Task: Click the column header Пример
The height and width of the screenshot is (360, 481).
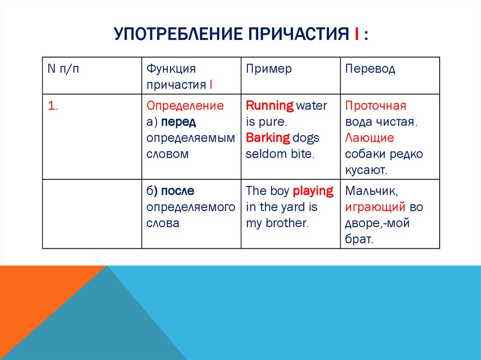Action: click(269, 69)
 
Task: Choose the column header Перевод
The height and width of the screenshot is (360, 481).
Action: click(370, 69)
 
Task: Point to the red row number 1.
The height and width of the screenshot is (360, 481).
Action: click(52, 106)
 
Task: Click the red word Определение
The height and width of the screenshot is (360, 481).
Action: click(185, 106)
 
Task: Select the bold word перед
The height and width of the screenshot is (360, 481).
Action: click(178, 122)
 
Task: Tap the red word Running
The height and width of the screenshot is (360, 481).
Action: click(270, 106)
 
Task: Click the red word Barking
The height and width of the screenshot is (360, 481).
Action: click(268, 138)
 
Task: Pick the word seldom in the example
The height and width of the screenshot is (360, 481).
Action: click(261, 154)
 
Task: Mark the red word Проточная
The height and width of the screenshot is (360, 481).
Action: click(375, 106)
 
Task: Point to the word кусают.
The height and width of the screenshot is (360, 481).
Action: click(366, 170)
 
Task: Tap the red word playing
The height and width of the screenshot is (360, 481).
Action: click(313, 191)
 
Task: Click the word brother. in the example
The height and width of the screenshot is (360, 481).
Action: click(287, 223)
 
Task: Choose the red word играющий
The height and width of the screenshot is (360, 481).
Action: click(375, 207)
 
